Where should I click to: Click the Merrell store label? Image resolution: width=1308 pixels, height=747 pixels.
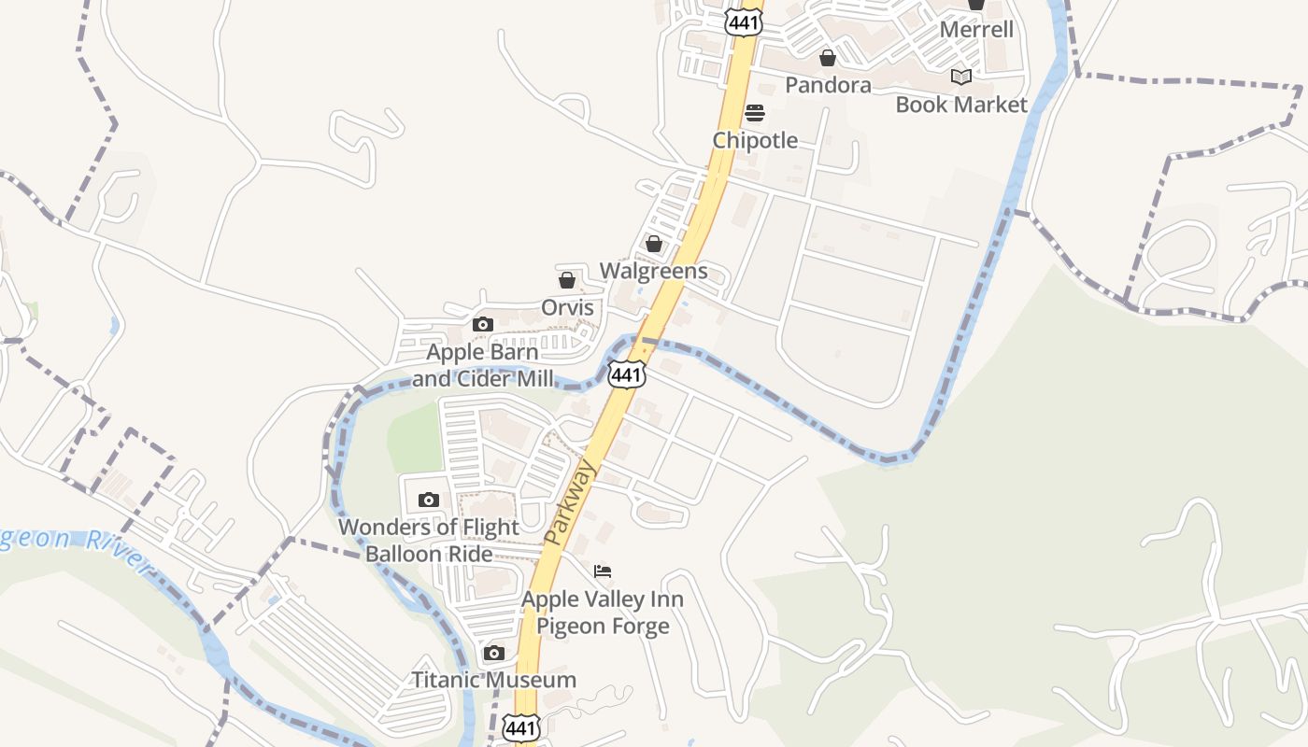point(976,29)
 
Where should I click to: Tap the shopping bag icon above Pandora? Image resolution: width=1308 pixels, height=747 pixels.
point(828,58)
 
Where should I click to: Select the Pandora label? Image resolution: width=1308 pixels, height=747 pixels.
point(828,85)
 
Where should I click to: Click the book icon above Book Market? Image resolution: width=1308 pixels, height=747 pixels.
point(961,77)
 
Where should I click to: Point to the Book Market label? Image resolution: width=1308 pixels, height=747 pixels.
point(961,104)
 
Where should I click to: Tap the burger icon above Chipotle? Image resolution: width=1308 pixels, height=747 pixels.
point(755,113)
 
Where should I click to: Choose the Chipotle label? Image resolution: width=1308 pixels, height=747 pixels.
point(755,140)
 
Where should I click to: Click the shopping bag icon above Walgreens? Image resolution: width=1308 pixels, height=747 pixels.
point(654,244)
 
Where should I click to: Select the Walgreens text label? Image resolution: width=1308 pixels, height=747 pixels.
point(653,271)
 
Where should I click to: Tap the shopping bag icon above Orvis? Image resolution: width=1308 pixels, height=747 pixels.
point(567,279)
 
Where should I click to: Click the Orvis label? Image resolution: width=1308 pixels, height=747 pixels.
point(567,307)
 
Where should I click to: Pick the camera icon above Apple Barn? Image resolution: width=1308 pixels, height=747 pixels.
point(482,325)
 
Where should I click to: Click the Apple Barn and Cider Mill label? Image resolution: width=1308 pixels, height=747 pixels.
point(482,365)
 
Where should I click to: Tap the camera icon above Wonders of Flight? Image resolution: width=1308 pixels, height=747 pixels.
point(429,500)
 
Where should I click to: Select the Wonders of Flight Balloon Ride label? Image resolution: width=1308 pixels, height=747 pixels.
point(429,540)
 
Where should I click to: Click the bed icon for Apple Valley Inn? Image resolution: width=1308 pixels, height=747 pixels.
point(603,571)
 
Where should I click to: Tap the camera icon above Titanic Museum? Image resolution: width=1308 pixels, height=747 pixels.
point(494,653)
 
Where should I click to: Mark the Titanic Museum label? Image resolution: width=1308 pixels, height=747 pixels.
point(494,680)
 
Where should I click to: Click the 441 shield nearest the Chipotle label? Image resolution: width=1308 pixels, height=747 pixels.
point(743,22)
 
